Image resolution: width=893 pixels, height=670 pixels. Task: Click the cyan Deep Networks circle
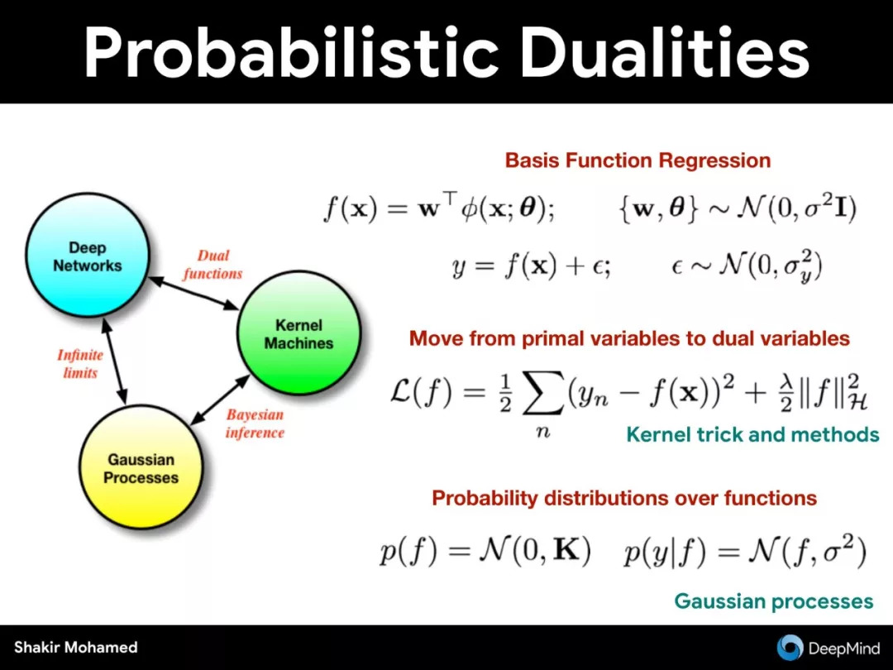pos(88,255)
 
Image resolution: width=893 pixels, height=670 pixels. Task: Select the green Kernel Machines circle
pos(299,333)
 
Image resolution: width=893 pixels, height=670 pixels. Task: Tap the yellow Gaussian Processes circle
pos(141,467)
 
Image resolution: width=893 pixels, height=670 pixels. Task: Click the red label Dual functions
pos(213,265)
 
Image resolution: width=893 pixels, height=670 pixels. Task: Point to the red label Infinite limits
pos(80,364)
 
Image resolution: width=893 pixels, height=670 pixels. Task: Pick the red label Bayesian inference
pos(255,424)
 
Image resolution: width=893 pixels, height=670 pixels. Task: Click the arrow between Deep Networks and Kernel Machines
pos(193,294)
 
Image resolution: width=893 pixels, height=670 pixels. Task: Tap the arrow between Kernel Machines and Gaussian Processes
pos(220,400)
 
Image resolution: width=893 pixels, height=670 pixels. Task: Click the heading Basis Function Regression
pos(638,160)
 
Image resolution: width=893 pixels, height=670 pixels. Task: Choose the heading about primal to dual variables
pos(629,338)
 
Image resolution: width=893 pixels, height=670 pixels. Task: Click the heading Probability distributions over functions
pos(624,498)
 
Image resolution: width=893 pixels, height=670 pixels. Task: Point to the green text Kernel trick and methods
pos(753,435)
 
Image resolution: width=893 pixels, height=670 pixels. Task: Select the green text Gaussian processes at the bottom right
pos(773,601)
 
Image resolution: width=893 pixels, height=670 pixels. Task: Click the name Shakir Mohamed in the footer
pos(76,647)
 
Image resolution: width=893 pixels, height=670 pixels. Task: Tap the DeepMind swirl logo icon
pos(790,647)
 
